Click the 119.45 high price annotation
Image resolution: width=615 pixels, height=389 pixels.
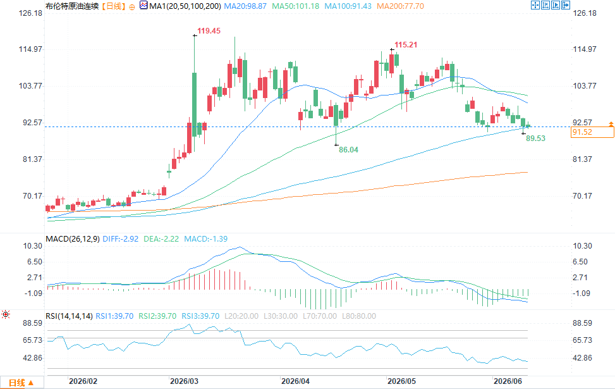point(209,31)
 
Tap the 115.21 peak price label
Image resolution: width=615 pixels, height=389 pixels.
point(406,45)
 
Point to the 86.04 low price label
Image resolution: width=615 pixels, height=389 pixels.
point(348,149)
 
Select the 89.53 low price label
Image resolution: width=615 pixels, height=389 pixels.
point(535,138)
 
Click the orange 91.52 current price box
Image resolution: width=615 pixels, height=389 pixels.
point(592,132)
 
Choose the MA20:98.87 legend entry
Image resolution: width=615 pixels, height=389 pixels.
point(245,6)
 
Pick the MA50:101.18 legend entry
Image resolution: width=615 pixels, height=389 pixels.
point(296,6)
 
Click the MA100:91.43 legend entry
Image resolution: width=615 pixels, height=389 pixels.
point(348,6)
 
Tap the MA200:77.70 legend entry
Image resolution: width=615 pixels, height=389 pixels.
point(400,6)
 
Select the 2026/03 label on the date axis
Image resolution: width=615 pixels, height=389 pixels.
point(184,381)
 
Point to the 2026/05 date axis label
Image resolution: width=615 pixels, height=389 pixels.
point(401,381)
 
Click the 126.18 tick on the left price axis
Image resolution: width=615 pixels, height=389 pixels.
point(30,13)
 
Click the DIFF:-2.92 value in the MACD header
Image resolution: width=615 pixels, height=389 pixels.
point(121,239)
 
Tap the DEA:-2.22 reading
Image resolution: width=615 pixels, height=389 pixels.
point(161,239)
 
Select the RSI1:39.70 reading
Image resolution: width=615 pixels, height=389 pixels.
point(114,316)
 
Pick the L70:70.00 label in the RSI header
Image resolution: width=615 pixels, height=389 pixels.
point(320,316)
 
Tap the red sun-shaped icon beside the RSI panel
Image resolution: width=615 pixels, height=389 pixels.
point(6,314)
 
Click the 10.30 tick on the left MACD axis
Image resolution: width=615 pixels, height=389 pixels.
point(33,246)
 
